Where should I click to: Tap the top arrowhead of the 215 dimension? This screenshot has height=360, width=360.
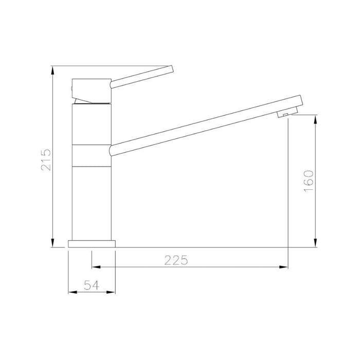pyautogui.click(x=53, y=70)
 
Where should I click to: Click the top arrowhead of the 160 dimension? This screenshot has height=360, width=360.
pyautogui.click(x=315, y=119)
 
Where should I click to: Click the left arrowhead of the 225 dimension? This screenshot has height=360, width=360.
pyautogui.click(x=95, y=267)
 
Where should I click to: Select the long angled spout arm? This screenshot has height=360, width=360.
pyautogui.click(x=206, y=123)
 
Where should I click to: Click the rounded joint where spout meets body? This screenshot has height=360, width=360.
pyautogui.click(x=113, y=150)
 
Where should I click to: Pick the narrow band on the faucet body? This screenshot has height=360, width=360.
pyautogui.click(x=91, y=156)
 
